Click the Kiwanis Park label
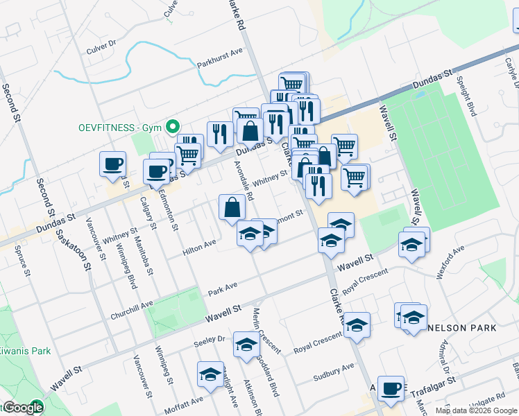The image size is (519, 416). click(24, 351)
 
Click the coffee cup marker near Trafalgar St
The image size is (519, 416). click(391, 388)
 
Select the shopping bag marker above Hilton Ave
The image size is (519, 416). click(232, 207)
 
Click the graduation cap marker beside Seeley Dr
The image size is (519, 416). click(246, 345)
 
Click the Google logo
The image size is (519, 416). click(23, 408)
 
